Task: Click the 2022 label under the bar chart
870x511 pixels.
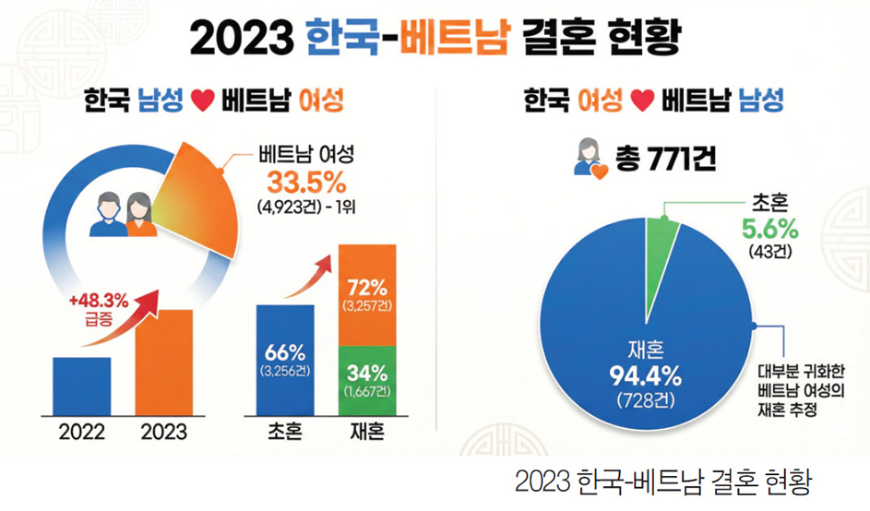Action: [x=82, y=431]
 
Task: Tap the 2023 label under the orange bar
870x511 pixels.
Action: [x=164, y=431]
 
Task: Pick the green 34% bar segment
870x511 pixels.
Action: [x=367, y=379]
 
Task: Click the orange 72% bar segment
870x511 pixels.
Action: [x=367, y=292]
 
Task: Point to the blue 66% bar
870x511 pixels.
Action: [x=285, y=360]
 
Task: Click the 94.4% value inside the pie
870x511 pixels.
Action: [x=645, y=375]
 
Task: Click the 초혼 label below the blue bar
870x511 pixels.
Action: [x=285, y=432]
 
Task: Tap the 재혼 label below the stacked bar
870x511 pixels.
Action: [x=367, y=432]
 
